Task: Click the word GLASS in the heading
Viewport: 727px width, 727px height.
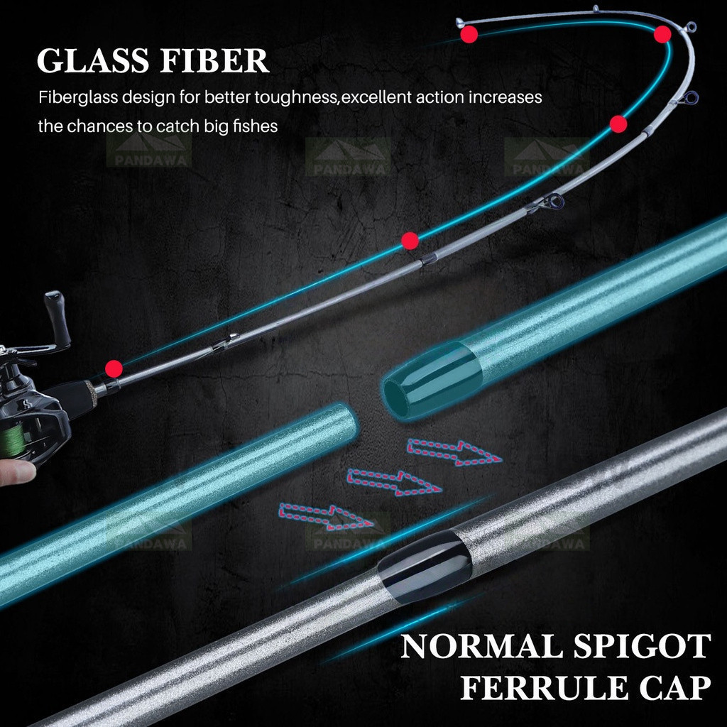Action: pos(93,60)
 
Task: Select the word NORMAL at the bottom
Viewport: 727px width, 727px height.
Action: pos(480,646)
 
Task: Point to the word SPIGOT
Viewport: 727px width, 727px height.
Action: pos(643,646)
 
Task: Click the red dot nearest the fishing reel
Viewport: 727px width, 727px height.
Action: pos(114,369)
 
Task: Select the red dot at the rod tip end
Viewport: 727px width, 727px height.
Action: pos(469,34)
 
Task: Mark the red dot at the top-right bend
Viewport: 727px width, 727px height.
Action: pos(662,34)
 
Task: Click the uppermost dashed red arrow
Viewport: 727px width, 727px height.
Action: pos(454,452)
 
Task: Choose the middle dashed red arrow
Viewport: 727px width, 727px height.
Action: pos(393,482)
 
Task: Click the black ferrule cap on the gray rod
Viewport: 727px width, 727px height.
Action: pos(425,566)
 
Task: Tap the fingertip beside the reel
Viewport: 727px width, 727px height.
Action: pos(18,472)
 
